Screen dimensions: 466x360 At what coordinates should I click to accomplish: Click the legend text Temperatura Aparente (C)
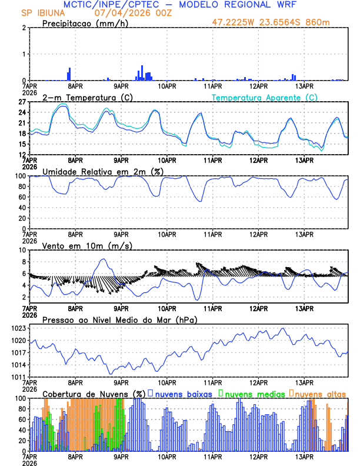(x=265, y=97)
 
